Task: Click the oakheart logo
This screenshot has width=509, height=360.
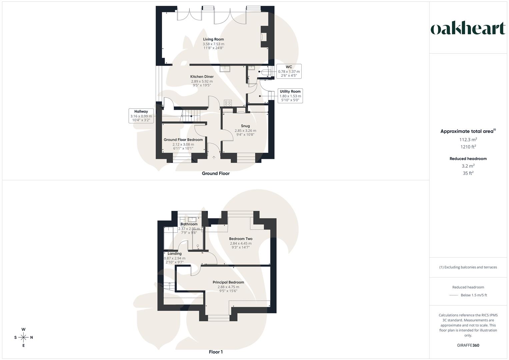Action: pyautogui.click(x=468, y=29)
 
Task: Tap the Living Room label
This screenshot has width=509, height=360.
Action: pyautogui.click(x=213, y=39)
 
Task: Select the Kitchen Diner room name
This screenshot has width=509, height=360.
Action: pyautogui.click(x=202, y=77)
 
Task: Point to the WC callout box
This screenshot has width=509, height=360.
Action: pyautogui.click(x=289, y=71)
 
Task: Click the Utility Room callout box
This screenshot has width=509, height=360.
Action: pyautogui.click(x=290, y=96)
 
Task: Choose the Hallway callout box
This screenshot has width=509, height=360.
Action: pyautogui.click(x=141, y=116)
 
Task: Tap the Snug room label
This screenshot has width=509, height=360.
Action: pyautogui.click(x=245, y=126)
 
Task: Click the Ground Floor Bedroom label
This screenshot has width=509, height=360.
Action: pyautogui.click(x=183, y=140)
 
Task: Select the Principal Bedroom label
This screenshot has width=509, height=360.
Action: pyautogui.click(x=228, y=282)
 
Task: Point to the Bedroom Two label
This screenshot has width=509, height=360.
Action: pyautogui.click(x=241, y=239)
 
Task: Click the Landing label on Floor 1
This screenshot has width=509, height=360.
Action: pyautogui.click(x=174, y=254)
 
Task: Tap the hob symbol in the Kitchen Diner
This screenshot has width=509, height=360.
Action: pyautogui.click(x=228, y=103)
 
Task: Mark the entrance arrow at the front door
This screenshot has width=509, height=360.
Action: pyautogui.click(x=214, y=157)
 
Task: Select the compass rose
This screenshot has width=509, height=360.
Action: pyautogui.click(x=23, y=337)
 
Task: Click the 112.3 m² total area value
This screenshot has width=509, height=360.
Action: pyautogui.click(x=468, y=140)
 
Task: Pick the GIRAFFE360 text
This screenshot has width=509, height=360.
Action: pyautogui.click(x=468, y=345)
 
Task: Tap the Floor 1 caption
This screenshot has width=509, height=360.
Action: pyautogui.click(x=216, y=352)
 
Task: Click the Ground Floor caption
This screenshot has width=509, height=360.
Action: pyautogui.click(x=216, y=173)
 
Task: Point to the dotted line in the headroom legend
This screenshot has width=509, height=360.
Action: pyautogui.click(x=454, y=295)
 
